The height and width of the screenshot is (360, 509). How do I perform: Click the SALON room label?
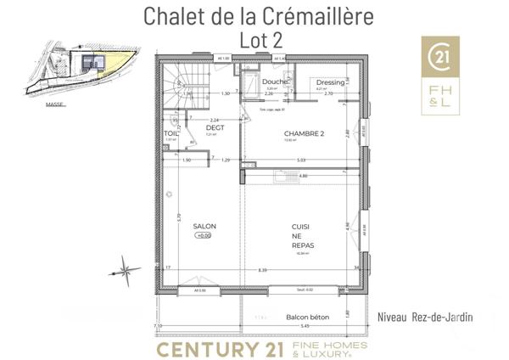point(204,226)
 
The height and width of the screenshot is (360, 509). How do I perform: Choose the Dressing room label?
point(331,82)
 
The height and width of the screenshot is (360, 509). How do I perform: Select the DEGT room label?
point(202,127)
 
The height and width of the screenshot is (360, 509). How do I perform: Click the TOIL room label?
point(171,133)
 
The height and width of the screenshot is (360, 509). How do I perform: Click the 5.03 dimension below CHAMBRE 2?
point(301,160)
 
